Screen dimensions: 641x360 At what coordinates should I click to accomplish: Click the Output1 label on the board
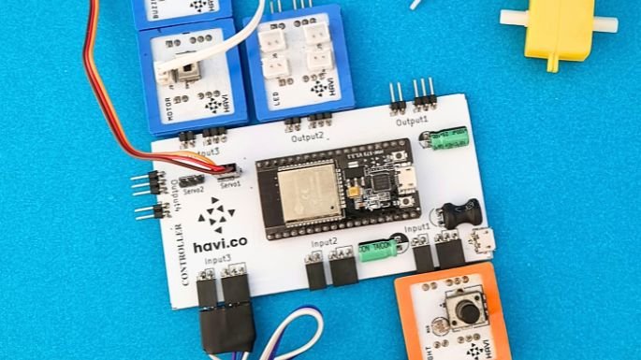tap(411, 121)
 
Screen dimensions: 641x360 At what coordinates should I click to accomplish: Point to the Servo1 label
tap(229, 185)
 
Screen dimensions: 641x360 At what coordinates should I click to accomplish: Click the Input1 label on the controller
tap(417, 227)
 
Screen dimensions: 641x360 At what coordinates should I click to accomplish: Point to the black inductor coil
tap(458, 214)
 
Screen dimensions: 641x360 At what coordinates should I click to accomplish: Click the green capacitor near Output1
tap(445, 140)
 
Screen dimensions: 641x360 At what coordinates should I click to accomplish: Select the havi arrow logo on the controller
tap(216, 215)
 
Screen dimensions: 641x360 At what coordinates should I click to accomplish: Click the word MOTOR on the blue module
tap(168, 100)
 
